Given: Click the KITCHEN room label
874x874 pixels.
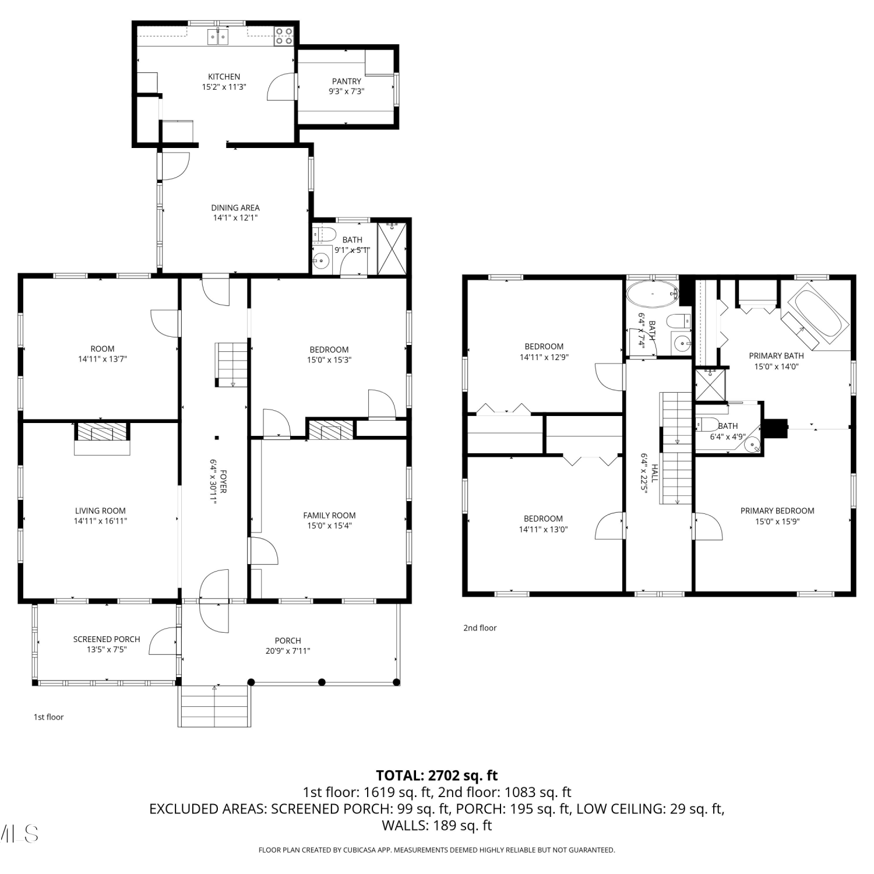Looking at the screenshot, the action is (x=224, y=77).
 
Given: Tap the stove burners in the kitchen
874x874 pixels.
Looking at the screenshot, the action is (x=284, y=36).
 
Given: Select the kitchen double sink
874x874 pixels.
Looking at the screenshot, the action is (x=218, y=38).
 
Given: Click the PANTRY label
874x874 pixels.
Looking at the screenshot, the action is (x=347, y=82).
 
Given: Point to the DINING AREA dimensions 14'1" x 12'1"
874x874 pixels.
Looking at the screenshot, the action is (x=235, y=218).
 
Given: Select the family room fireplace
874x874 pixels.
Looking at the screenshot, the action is (x=331, y=429).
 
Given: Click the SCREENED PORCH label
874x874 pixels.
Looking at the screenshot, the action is (x=107, y=639).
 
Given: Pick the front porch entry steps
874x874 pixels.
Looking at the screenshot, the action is (x=214, y=706).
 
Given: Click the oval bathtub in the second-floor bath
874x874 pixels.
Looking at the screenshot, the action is (x=652, y=294).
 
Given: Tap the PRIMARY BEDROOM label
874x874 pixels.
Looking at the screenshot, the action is (x=777, y=511).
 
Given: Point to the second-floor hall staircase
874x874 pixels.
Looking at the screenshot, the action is (x=676, y=448).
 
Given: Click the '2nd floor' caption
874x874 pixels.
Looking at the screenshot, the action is (x=480, y=628).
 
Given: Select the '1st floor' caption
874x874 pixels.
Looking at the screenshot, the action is (x=48, y=717).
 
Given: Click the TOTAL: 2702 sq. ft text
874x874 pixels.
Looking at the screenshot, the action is (x=437, y=776).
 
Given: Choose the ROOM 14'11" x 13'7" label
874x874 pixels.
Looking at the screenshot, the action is (x=103, y=354).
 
